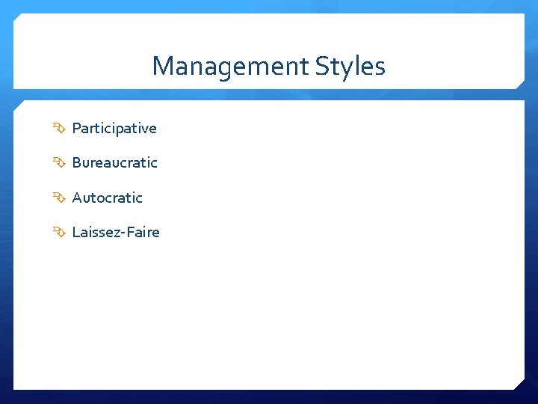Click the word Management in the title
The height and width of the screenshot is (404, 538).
click(230, 67)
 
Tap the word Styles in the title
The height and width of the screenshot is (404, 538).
click(350, 67)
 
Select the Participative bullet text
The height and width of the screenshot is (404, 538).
click(114, 129)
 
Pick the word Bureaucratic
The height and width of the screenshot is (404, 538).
click(114, 163)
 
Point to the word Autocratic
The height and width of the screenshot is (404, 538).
click(107, 198)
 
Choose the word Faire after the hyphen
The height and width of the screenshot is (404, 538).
click(143, 233)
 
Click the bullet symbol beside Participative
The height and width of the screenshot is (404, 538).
click(60, 129)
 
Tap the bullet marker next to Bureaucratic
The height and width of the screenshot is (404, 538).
click(60, 163)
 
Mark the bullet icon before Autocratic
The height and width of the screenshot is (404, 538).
click(60, 198)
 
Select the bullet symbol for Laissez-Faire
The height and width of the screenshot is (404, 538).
click(60, 233)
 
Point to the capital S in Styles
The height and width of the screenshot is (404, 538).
click(321, 67)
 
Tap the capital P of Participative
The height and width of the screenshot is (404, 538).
click(76, 129)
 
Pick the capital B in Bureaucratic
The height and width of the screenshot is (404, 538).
click(76, 163)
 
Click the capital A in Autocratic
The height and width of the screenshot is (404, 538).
click(77, 198)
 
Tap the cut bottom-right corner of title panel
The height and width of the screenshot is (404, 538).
click(520, 85)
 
